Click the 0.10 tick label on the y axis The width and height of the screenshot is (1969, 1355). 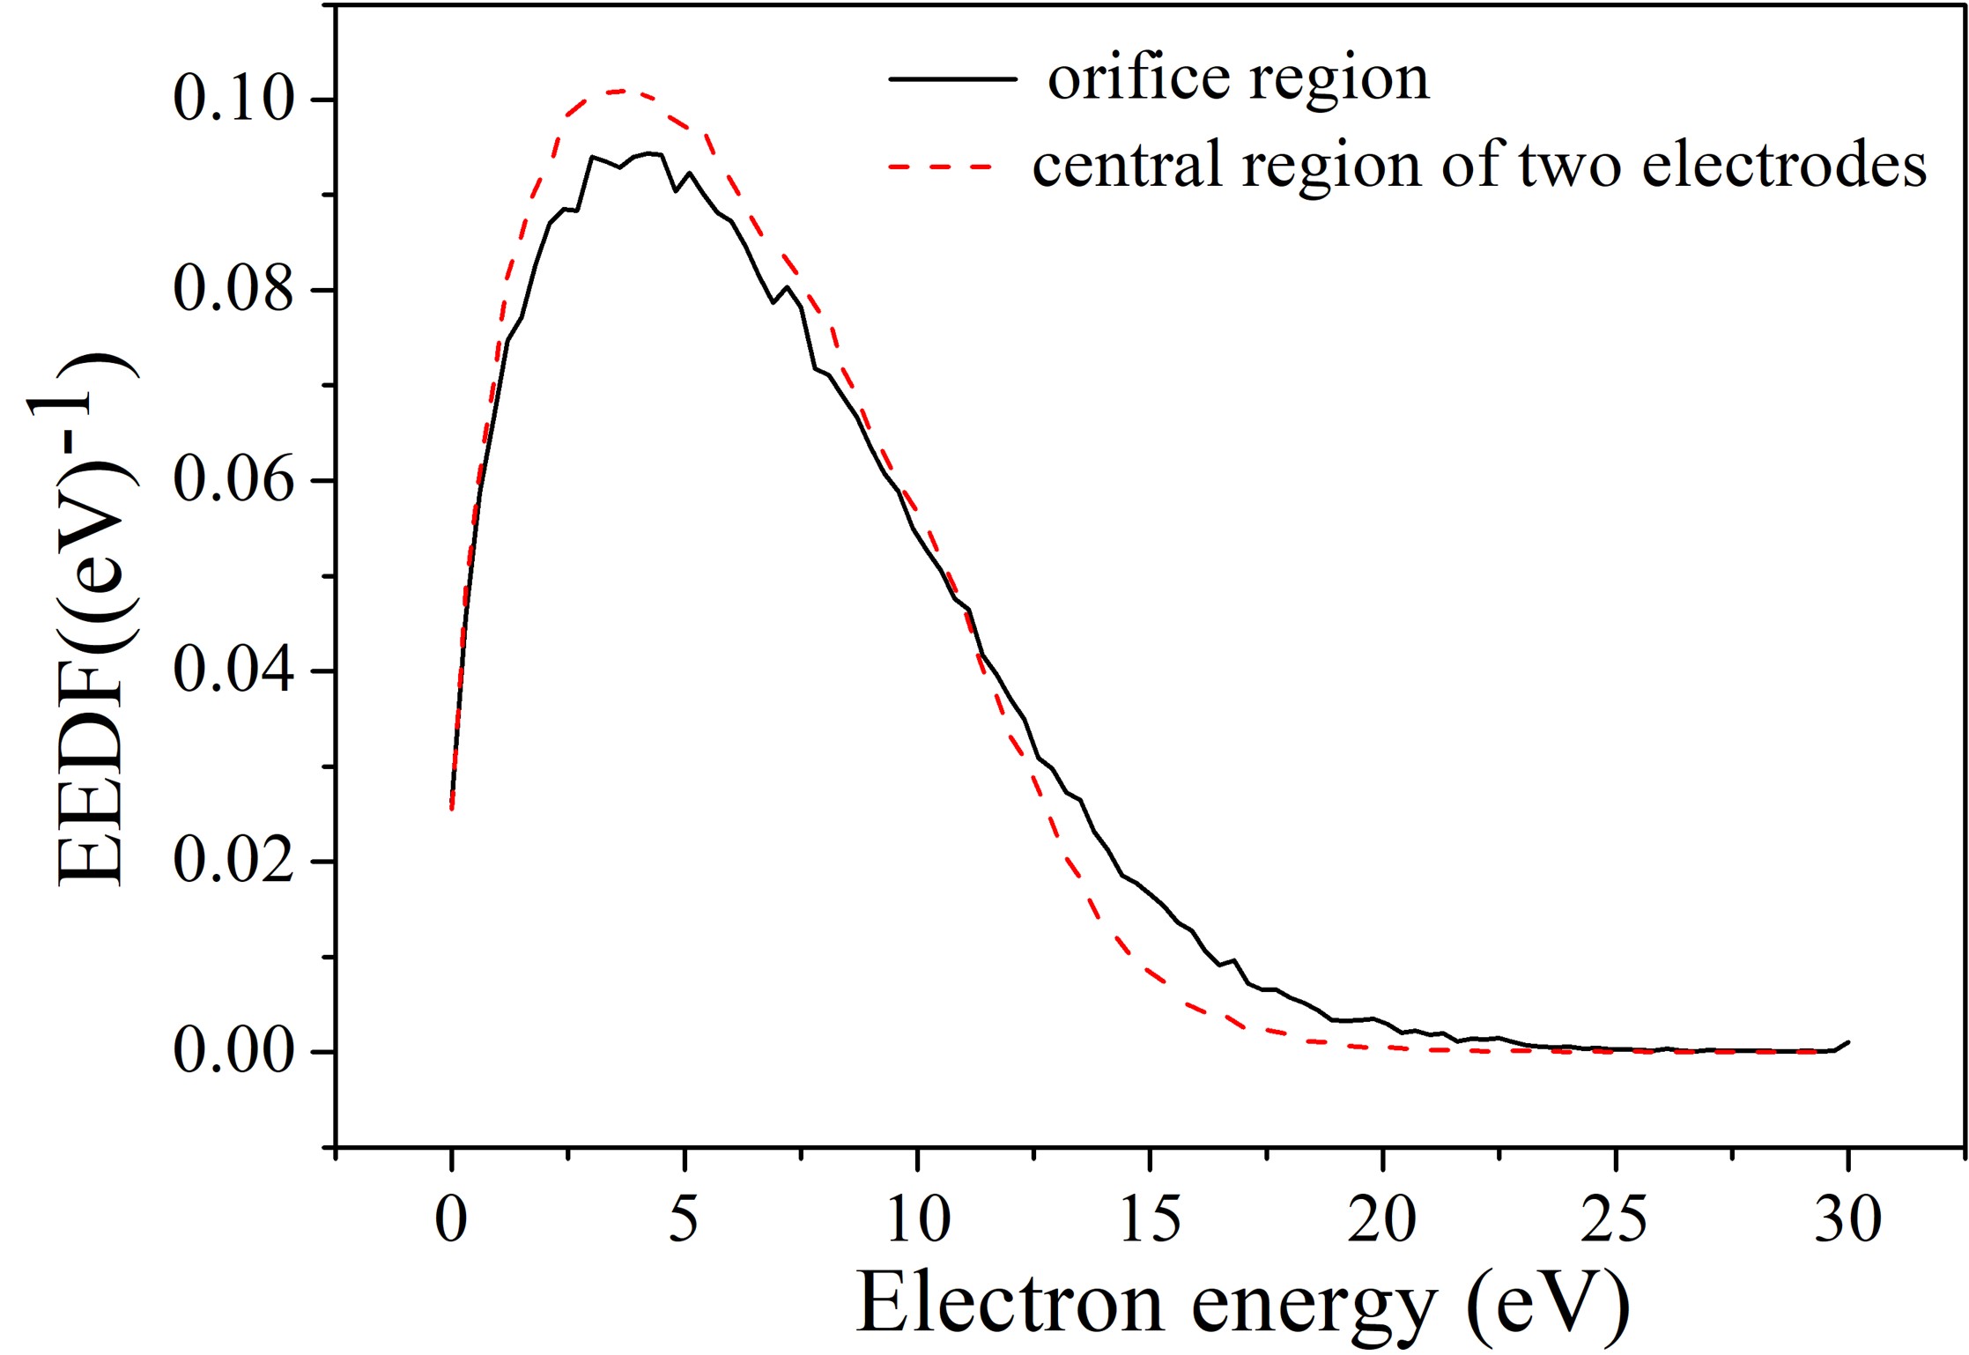(233, 99)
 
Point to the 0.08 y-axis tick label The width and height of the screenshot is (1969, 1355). (233, 290)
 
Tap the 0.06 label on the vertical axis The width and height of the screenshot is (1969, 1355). (233, 480)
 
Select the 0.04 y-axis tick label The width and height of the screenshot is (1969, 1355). (233, 671)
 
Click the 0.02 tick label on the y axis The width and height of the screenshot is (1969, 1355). (233, 862)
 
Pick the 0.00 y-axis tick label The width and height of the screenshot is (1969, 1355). (233, 1052)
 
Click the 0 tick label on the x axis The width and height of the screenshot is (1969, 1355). (451, 1221)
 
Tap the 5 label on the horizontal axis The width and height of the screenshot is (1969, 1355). (684, 1221)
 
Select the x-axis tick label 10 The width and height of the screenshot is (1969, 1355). (917, 1221)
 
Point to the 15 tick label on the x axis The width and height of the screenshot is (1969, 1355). (1150, 1221)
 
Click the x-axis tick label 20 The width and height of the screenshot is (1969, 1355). (1382, 1221)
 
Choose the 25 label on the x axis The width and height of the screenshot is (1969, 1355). (1615, 1221)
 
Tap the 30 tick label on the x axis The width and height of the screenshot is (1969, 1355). (1847, 1221)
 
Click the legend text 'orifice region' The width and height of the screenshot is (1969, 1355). (1238, 79)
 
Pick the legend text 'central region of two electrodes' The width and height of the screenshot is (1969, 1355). (1479, 166)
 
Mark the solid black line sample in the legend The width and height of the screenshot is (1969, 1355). (952, 79)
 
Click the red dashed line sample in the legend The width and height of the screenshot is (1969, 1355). (941, 166)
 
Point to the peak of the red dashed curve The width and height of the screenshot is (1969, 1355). (621, 91)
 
